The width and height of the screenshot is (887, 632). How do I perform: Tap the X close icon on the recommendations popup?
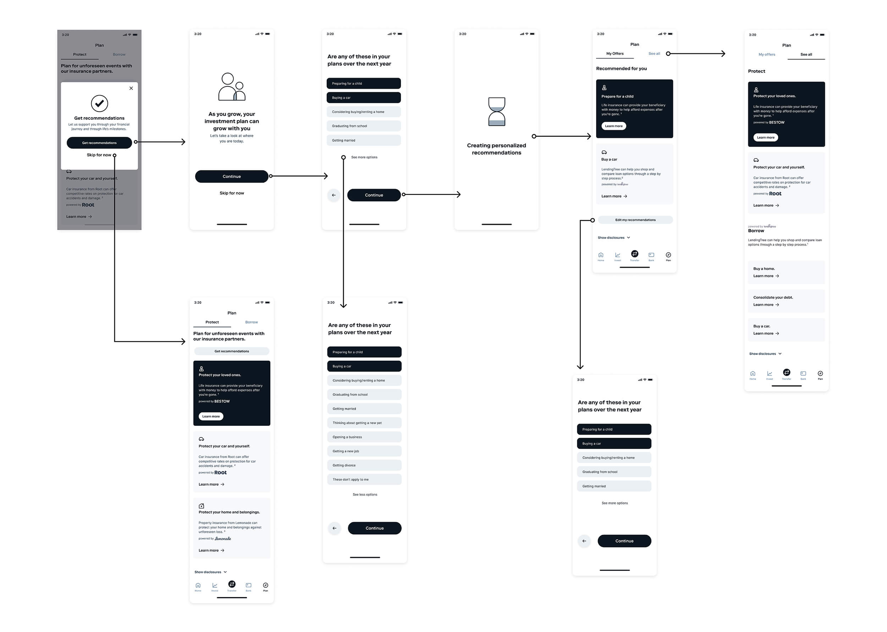pyautogui.click(x=131, y=88)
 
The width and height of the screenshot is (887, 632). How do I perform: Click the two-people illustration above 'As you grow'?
pyautogui.click(x=232, y=87)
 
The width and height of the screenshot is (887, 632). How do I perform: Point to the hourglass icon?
pyautogui.click(x=497, y=112)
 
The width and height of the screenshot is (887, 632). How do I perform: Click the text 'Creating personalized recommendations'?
pyautogui.click(x=496, y=149)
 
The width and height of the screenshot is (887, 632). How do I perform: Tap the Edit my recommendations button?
pyautogui.click(x=635, y=220)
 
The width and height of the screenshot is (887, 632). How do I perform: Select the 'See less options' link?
pyautogui.click(x=365, y=495)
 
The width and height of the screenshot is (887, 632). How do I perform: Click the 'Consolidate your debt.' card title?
pyautogui.click(x=773, y=298)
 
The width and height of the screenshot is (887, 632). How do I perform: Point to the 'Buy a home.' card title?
pyautogui.click(x=764, y=269)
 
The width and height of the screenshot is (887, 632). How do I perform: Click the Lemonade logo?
pyautogui.click(x=223, y=539)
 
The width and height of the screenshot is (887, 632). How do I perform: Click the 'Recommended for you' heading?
pyautogui.click(x=621, y=69)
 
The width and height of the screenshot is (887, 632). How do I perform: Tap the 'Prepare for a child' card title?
pyautogui.click(x=617, y=97)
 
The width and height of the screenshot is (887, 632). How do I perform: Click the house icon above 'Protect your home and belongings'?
pyautogui.click(x=202, y=506)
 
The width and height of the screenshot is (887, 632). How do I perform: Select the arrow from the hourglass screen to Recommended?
pyautogui.click(x=562, y=136)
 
